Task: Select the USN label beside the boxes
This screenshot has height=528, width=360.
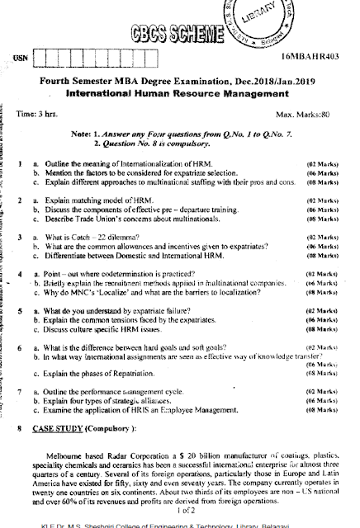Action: [19, 59]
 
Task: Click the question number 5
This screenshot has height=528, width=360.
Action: [18, 312]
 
